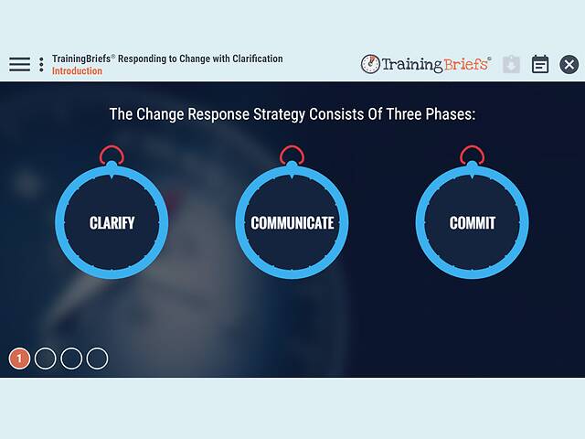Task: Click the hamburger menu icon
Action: (19, 64)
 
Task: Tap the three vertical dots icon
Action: (41, 64)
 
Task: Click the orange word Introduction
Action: (77, 71)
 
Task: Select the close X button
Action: (569, 64)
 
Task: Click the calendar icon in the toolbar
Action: (540, 64)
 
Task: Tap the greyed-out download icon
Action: (511, 64)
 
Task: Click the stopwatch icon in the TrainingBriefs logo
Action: (370, 64)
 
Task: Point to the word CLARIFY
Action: (112, 223)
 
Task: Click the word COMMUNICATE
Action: (292, 223)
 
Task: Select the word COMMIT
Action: (472, 223)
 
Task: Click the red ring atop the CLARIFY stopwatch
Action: (112, 155)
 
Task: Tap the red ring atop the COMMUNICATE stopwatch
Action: (292, 155)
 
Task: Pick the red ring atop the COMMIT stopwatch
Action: (472, 155)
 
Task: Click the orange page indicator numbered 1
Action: (19, 359)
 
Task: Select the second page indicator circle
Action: (45, 359)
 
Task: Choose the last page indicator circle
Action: (97, 359)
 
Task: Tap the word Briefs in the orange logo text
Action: (466, 64)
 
